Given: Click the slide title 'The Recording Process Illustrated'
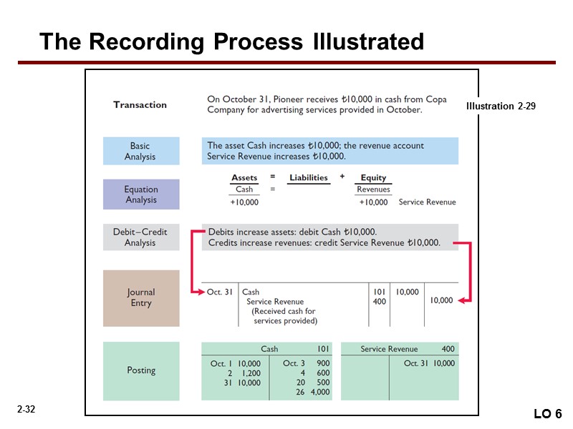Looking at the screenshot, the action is (x=231, y=41).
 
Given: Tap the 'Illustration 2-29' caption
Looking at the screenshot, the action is (x=501, y=106).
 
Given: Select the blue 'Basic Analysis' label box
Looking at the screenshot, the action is (x=140, y=152).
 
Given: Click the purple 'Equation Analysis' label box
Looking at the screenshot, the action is (x=140, y=194).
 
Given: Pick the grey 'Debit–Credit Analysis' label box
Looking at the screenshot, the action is (x=140, y=237).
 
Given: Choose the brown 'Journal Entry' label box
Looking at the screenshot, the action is (x=140, y=297).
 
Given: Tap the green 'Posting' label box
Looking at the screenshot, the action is (x=140, y=370).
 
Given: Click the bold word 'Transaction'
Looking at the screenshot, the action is (x=140, y=104).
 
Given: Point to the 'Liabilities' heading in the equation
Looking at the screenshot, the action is (x=308, y=177).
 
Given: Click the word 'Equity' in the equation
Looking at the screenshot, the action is (x=373, y=177).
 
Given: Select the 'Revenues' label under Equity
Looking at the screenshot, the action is (x=373, y=189).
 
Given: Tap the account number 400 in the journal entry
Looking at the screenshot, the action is (x=379, y=302).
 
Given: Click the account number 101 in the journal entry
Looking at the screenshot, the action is (x=379, y=292).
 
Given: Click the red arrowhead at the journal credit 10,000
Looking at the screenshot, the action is (x=462, y=301).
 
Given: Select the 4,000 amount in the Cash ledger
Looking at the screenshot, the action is (x=320, y=392).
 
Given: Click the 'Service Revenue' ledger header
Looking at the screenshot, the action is (x=389, y=349).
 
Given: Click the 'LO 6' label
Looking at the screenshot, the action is (x=548, y=415).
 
